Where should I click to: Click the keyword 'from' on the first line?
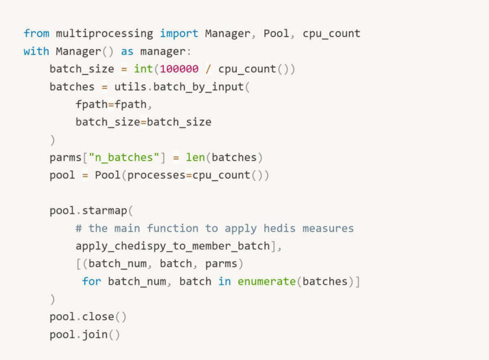36,33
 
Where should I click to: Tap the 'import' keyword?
179,33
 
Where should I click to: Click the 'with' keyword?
36,51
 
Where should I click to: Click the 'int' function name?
143,69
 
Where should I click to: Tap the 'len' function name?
195,157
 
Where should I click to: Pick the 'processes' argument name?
156,175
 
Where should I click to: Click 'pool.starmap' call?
89,210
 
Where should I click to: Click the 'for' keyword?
92,281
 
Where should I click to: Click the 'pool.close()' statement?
89,317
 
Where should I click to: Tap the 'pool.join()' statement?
85,335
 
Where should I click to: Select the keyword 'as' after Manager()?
127,51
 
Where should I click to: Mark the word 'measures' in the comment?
328,228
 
